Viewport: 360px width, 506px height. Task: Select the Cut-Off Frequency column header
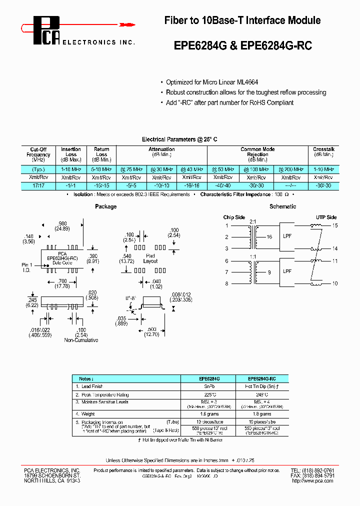click(x=38, y=154)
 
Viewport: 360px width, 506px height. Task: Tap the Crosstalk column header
click(x=323, y=149)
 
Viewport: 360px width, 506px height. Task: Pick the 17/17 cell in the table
click(x=38, y=185)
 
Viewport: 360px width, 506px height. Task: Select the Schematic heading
click(x=283, y=206)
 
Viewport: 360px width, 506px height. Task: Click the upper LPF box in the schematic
click(x=287, y=237)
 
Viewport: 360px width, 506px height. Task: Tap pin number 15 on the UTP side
click(x=335, y=226)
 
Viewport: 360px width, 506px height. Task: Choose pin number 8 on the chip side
click(x=226, y=283)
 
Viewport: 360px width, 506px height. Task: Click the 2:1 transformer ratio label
click(x=253, y=221)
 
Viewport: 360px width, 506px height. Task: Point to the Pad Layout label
click(x=150, y=258)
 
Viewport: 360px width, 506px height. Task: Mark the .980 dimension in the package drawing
click(x=61, y=223)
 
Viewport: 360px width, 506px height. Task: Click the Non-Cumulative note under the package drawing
click(x=81, y=340)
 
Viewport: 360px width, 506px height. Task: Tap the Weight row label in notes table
click(x=89, y=414)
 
